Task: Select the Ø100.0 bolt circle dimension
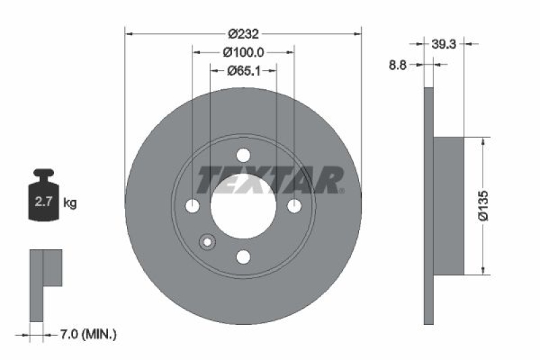tap(244, 52)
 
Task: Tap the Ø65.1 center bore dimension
tap(244, 70)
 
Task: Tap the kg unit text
tap(70, 202)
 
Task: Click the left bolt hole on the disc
tap(192, 206)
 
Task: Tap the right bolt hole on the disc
tap(294, 206)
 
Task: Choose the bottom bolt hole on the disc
tap(243, 257)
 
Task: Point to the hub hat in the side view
tap(448, 205)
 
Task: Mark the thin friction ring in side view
tap(428, 205)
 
